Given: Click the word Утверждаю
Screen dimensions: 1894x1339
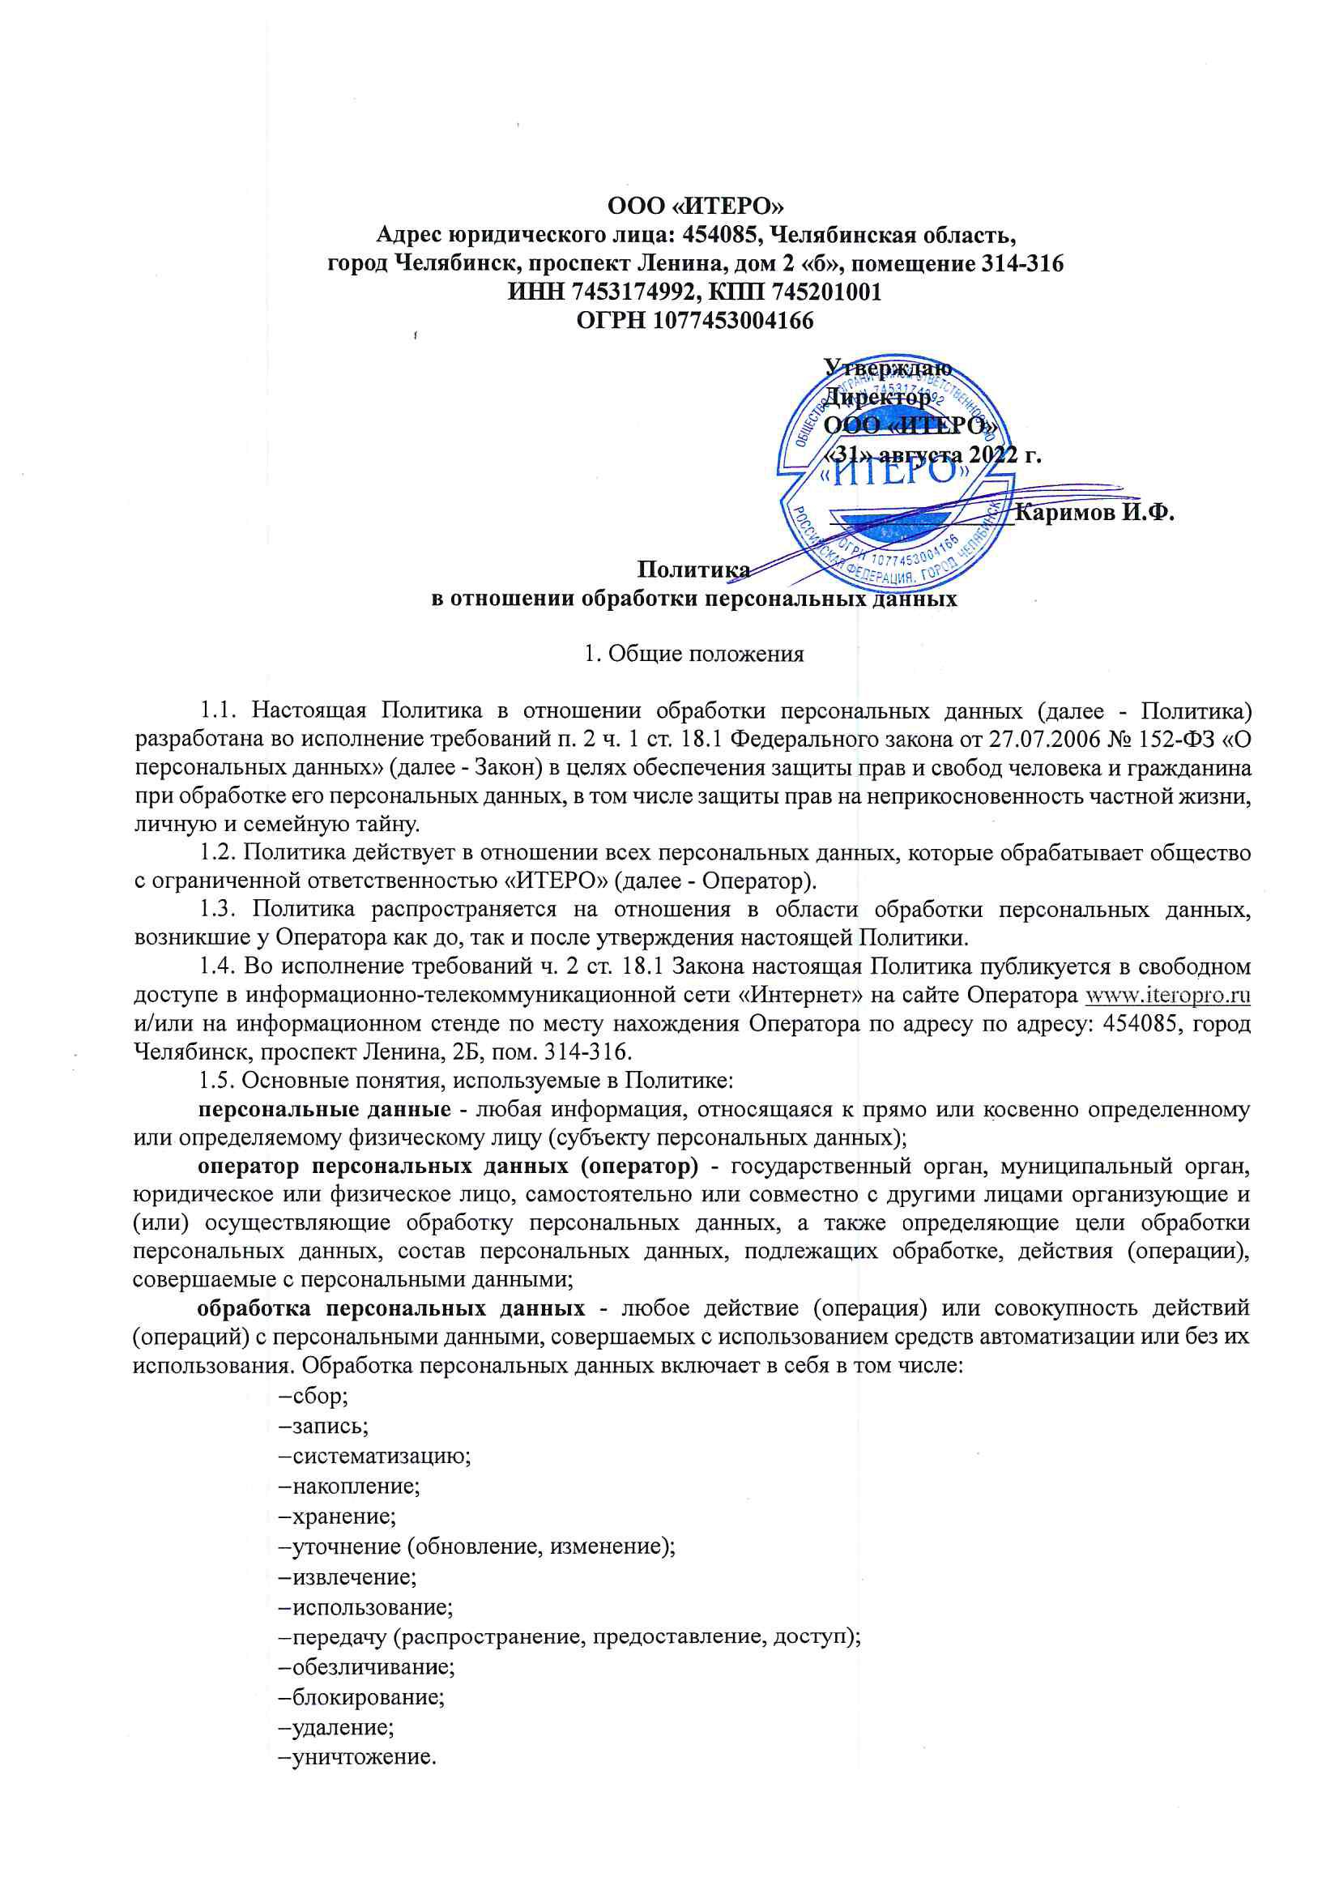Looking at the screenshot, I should click(x=889, y=367).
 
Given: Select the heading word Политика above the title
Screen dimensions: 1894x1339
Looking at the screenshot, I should click(x=694, y=569).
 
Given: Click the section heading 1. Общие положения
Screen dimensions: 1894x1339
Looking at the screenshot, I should click(x=694, y=655).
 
